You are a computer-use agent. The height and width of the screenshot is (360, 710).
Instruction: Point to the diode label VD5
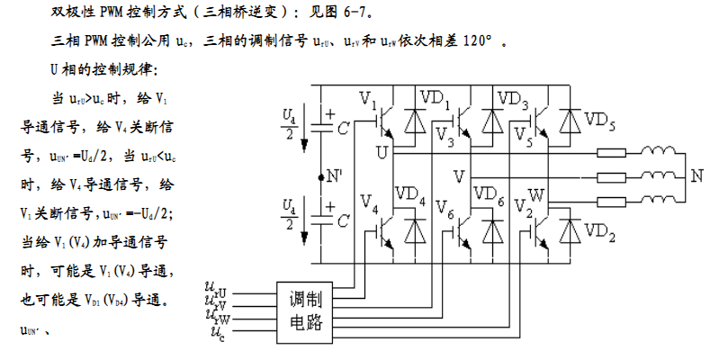600,119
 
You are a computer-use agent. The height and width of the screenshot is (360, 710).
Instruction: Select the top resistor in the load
612,152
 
